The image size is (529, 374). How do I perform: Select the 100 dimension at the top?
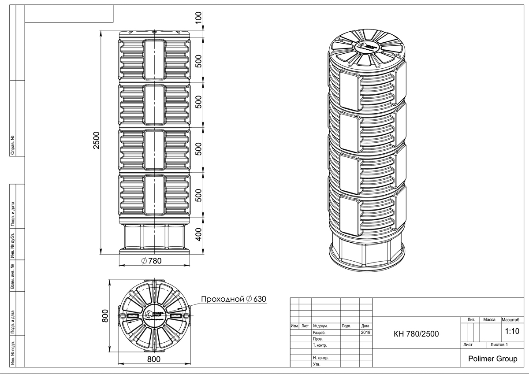(x=198, y=18)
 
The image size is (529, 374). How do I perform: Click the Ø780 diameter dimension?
(x=152, y=261)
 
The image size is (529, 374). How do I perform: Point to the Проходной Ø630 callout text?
(x=234, y=299)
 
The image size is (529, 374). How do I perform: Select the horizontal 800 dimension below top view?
(x=153, y=359)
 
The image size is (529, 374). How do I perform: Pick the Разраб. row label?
(x=319, y=333)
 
